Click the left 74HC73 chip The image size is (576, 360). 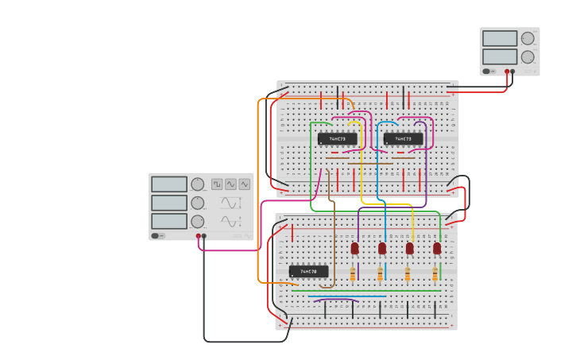click(x=337, y=139)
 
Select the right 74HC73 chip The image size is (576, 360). click(x=403, y=139)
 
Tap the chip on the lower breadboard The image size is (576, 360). click(x=308, y=271)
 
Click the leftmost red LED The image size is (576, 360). click(x=354, y=248)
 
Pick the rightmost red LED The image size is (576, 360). click(x=437, y=248)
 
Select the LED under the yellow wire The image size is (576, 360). click(x=409, y=248)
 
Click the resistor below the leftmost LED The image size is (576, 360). click(x=354, y=274)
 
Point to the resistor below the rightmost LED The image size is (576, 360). click(x=435, y=274)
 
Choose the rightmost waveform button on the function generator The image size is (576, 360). click(x=244, y=184)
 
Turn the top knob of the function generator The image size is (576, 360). click(x=197, y=184)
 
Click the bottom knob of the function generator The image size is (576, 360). click(x=197, y=221)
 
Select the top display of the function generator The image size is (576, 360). click(x=169, y=184)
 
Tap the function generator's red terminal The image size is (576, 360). click(x=199, y=235)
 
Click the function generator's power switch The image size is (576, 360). click(x=158, y=235)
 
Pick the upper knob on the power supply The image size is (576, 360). click(x=528, y=38)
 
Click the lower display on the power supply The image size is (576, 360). click(x=499, y=56)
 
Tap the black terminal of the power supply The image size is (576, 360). click(x=512, y=72)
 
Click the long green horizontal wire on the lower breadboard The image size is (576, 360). click(x=365, y=291)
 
